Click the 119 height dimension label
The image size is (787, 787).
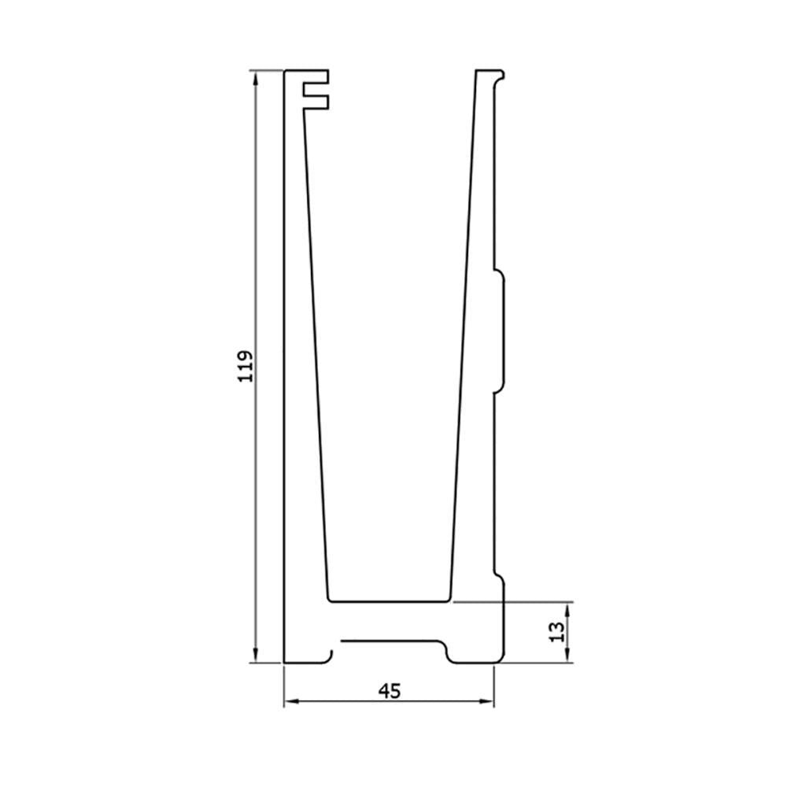(x=246, y=367)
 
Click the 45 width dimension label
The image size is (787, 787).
(x=390, y=691)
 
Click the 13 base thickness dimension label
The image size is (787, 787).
(x=556, y=632)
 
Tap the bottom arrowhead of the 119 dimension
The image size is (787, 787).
(x=256, y=655)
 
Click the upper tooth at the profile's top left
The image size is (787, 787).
(x=316, y=77)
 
